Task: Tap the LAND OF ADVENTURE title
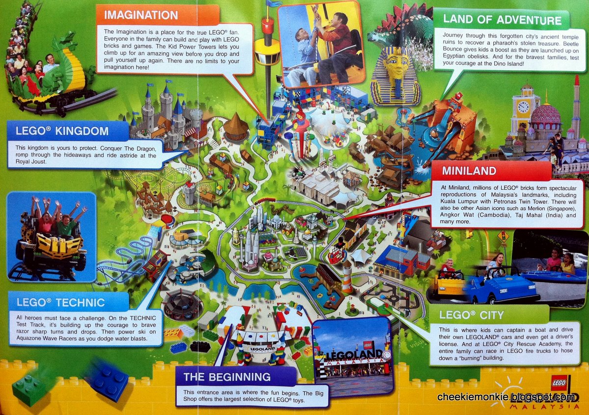click(502, 20)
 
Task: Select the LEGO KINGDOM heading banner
click(62, 131)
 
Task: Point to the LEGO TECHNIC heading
click(61, 302)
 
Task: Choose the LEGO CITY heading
click(472, 314)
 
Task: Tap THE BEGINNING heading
click(227, 377)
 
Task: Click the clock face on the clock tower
click(523, 106)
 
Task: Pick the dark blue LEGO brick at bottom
click(107, 378)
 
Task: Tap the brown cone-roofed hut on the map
click(236, 126)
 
